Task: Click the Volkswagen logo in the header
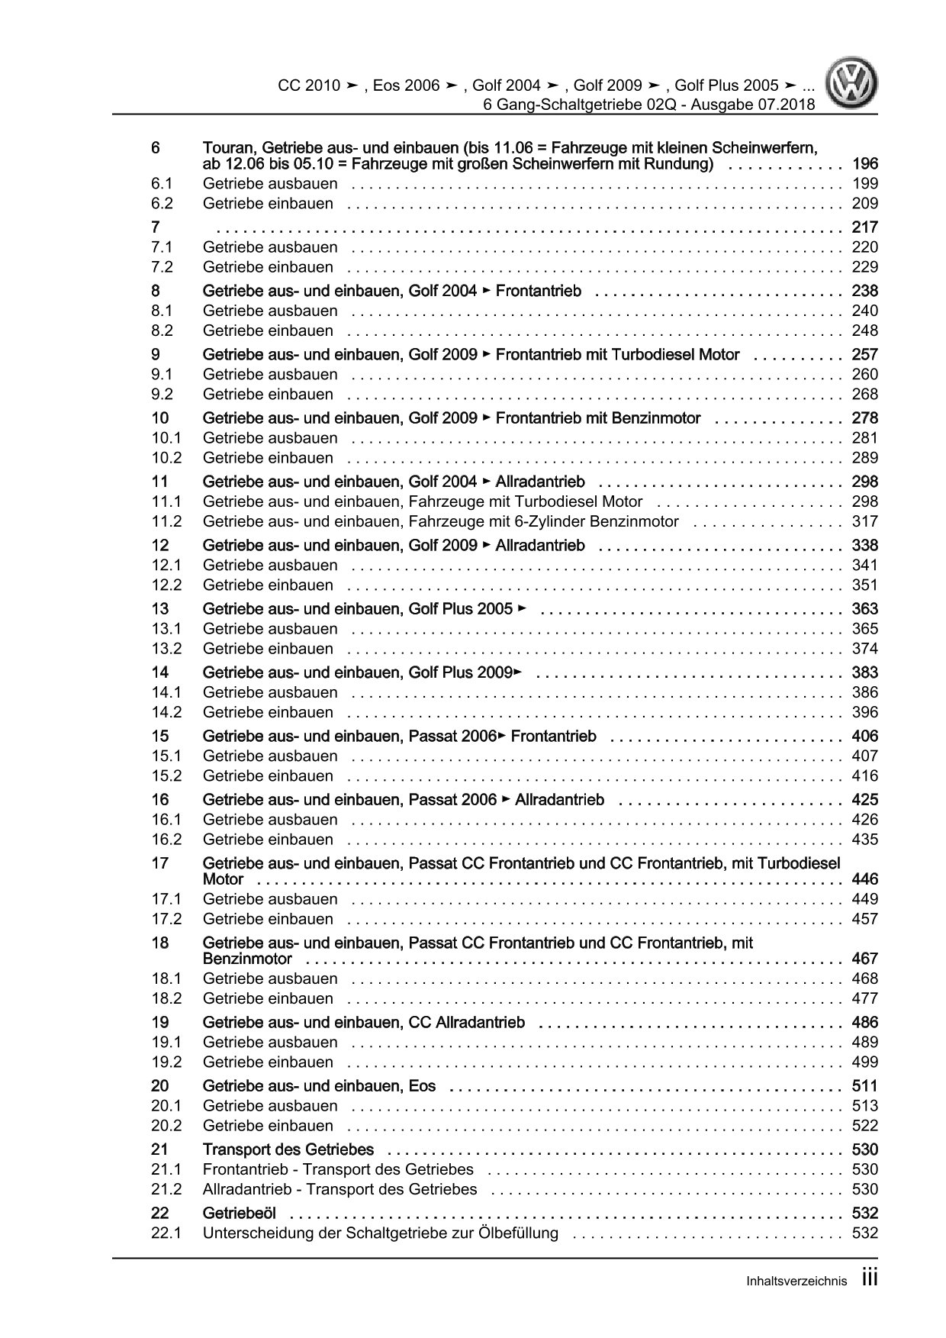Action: tap(854, 85)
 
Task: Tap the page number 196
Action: tap(864, 164)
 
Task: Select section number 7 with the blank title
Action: tap(156, 227)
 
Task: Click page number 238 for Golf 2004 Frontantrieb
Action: tap(864, 291)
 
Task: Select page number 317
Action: tap(864, 522)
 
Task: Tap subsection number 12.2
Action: tap(166, 585)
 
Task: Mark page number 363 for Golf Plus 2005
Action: tap(864, 609)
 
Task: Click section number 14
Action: tap(159, 672)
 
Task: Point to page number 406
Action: tap(864, 736)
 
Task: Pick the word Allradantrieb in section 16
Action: tap(559, 800)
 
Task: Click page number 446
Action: tap(864, 879)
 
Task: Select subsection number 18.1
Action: tap(166, 979)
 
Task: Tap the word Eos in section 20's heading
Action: tap(422, 1086)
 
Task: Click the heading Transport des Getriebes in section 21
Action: tap(288, 1149)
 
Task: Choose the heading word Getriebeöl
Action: tap(240, 1213)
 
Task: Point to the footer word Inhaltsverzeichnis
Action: tap(796, 1282)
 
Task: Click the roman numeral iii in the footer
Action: tap(870, 1279)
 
